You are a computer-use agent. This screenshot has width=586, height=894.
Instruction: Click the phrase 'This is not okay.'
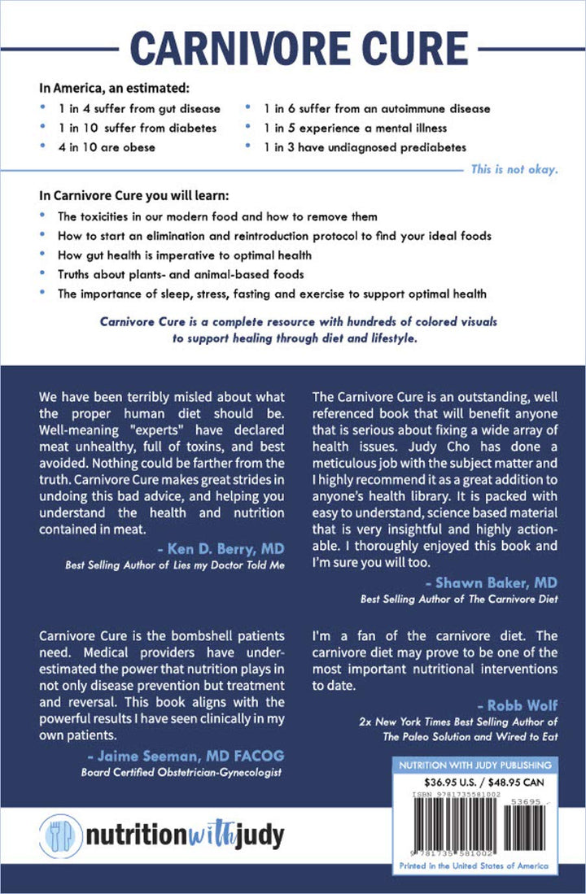[x=514, y=171]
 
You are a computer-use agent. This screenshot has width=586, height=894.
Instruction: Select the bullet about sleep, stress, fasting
[x=273, y=294]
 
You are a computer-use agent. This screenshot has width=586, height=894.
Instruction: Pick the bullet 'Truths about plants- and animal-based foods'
[x=169, y=274]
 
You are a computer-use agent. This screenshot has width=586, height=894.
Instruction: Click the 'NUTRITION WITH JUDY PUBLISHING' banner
[x=473, y=765]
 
